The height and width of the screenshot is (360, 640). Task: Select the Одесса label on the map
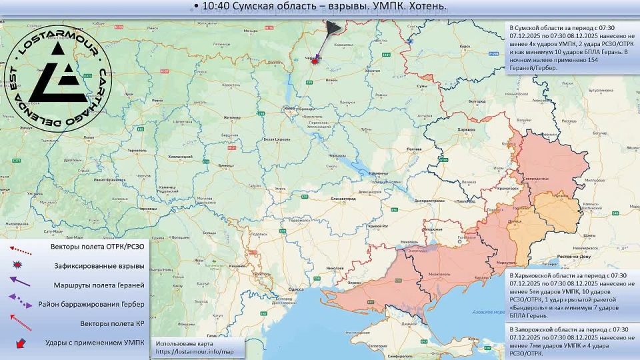(x=296, y=289)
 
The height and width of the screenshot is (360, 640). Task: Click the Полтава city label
(x=413, y=149)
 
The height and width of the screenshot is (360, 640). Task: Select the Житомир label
(x=231, y=117)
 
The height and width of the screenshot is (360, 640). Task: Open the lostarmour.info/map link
(x=195, y=351)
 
